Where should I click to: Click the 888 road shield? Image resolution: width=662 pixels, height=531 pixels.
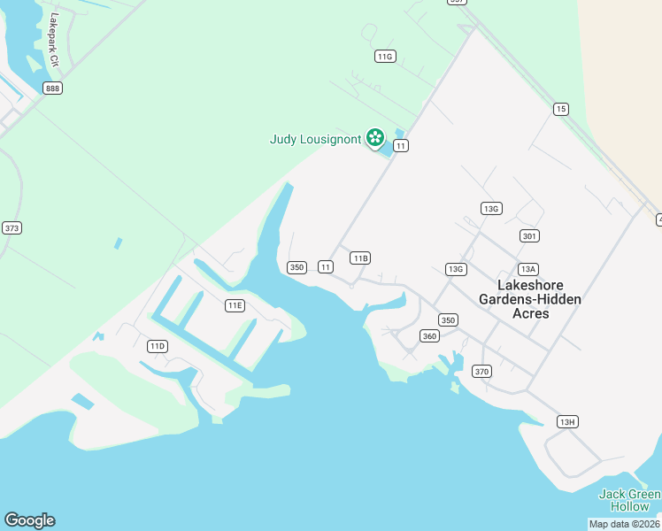[52, 88]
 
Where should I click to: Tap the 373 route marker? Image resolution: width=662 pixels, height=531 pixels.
[12, 227]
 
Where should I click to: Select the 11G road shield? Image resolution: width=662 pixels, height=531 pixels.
[384, 56]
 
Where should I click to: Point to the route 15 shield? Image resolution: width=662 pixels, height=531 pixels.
[560, 109]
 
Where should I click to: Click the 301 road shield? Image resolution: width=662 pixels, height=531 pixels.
[529, 235]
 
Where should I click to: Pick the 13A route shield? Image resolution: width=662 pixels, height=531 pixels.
[528, 269]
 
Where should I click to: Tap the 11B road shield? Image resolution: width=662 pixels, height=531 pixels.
[359, 258]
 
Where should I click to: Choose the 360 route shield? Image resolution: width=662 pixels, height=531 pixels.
[430, 335]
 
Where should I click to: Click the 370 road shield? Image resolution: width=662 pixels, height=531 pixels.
[481, 371]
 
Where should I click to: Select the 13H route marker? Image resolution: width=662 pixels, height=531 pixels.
[567, 421]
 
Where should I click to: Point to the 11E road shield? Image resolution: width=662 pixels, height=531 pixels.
[235, 305]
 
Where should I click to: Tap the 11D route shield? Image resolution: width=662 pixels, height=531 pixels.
[158, 345]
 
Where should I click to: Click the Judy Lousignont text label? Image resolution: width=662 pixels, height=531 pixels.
[315, 139]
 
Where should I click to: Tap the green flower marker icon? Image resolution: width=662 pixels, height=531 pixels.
[375, 137]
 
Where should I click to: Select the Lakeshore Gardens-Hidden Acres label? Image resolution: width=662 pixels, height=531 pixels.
[530, 299]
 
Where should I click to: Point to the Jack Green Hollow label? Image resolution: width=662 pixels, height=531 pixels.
[629, 500]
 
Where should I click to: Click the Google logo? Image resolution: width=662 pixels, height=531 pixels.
[29, 520]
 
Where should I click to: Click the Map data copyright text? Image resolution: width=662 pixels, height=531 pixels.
[625, 524]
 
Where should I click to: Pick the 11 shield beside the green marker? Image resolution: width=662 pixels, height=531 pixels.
[401, 145]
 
